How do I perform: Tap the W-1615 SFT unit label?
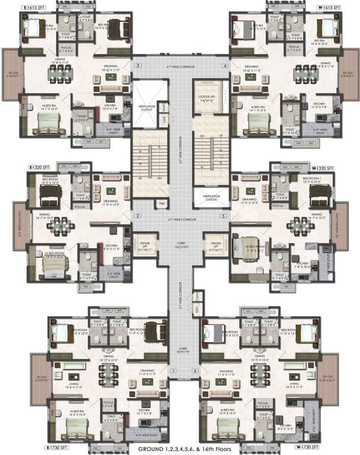click(x=329, y=7)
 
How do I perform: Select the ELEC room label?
click(x=197, y=309)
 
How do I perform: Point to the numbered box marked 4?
click(x=224, y=65)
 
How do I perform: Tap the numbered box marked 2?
click(x=137, y=216)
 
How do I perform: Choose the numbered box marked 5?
click(x=224, y=216)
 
